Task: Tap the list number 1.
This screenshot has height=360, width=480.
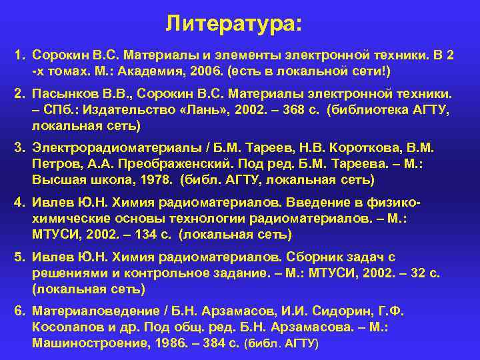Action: point(19,57)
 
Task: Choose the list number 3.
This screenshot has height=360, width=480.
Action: point(19,151)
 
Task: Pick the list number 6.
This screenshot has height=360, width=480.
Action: point(19,311)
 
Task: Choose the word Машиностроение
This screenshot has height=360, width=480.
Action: point(81,343)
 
